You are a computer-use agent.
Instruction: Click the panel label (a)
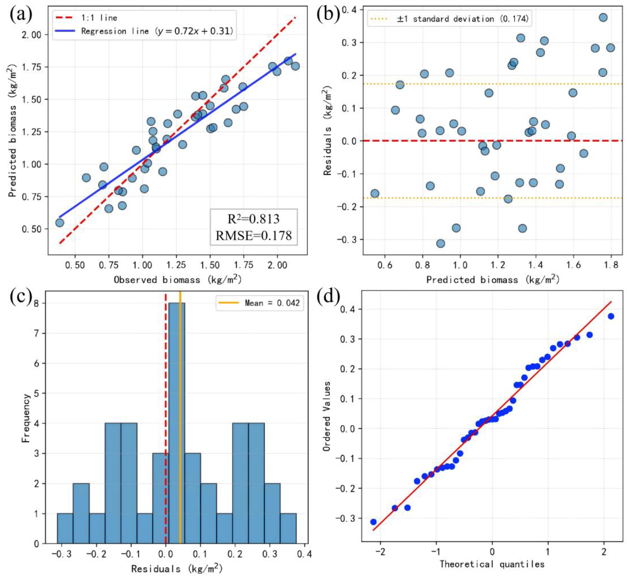click(x=21, y=15)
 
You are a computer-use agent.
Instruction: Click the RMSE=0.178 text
click(x=254, y=235)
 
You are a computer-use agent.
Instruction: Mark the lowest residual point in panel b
click(x=440, y=244)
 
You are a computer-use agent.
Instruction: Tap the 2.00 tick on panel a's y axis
click(x=31, y=35)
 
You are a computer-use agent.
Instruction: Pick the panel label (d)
click(x=328, y=296)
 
